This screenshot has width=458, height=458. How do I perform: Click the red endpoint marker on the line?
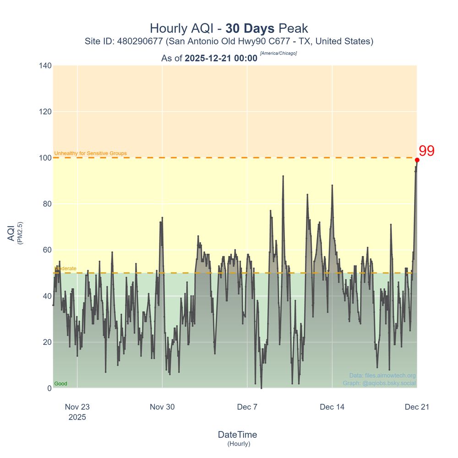click(417, 160)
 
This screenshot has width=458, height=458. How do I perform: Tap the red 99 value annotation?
click(426, 151)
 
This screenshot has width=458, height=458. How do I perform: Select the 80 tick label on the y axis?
click(46, 204)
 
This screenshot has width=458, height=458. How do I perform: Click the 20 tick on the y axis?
click(46, 342)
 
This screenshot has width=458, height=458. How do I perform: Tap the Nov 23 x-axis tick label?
click(77, 407)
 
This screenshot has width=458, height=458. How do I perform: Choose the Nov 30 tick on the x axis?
click(162, 407)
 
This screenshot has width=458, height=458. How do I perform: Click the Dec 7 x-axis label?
click(247, 407)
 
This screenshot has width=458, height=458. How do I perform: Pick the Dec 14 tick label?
click(332, 407)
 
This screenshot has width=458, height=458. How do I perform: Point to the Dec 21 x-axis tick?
click(417, 407)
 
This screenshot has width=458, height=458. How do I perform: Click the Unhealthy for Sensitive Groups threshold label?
click(90, 153)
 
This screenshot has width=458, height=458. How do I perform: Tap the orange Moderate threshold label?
click(65, 268)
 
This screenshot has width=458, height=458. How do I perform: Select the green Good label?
click(60, 384)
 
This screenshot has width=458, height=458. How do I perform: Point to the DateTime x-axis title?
click(237, 435)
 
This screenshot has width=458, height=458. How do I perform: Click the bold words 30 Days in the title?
click(250, 28)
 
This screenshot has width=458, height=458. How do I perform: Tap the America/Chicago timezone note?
click(278, 54)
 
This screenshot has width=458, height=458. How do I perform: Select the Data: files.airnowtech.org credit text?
click(382, 376)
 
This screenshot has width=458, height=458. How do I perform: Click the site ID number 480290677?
click(140, 41)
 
